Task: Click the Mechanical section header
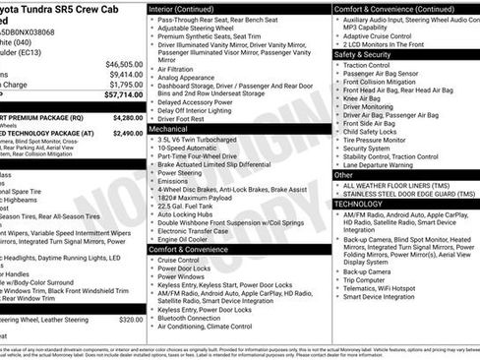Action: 169,128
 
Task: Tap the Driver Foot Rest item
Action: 189,118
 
